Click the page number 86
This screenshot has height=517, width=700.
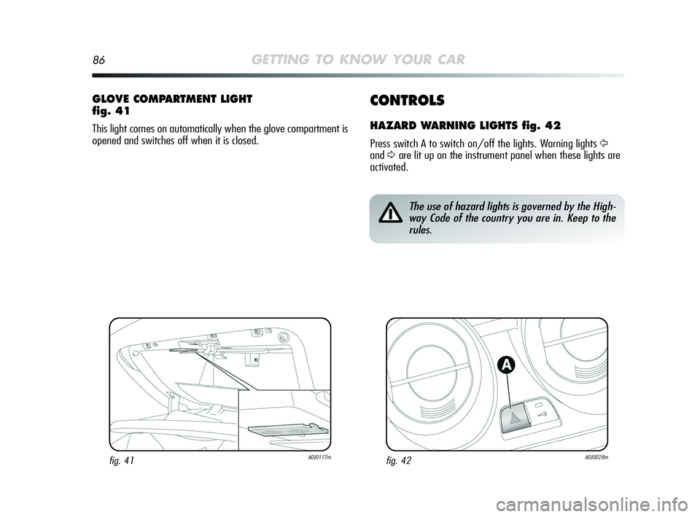point(98,61)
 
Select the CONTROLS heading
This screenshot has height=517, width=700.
point(407,100)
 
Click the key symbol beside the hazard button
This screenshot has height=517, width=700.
point(544,416)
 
